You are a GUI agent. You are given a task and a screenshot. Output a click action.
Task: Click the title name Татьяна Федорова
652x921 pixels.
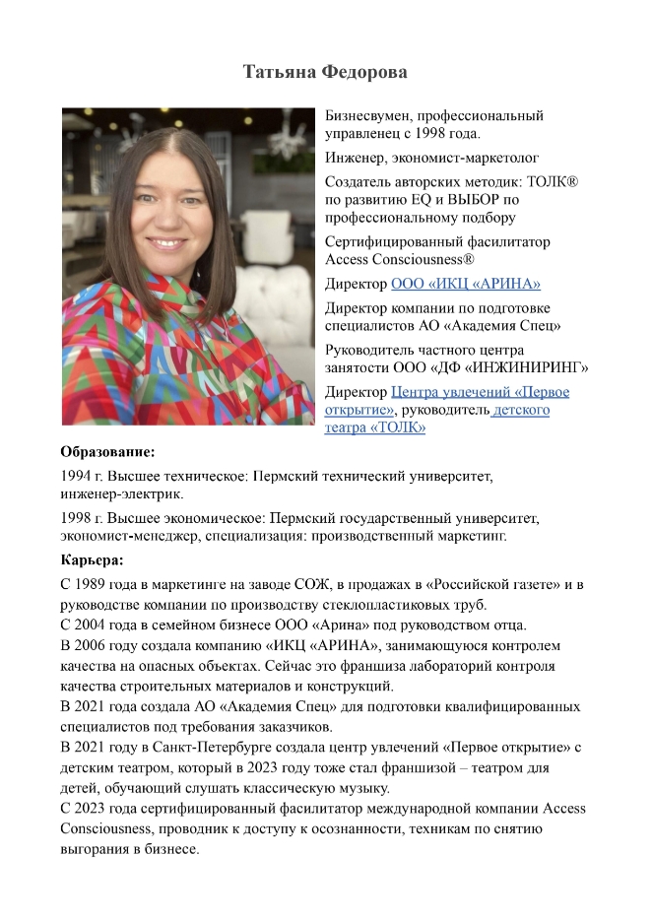325,73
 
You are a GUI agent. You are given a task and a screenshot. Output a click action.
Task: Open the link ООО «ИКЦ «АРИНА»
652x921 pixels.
465,285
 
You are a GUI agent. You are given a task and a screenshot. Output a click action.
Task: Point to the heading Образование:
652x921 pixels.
108,453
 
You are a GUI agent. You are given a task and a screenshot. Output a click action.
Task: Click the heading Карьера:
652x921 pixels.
92,561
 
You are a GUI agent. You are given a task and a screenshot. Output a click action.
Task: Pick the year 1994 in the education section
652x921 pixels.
77,477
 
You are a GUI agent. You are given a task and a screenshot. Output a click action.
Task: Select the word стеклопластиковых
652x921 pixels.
348,605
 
